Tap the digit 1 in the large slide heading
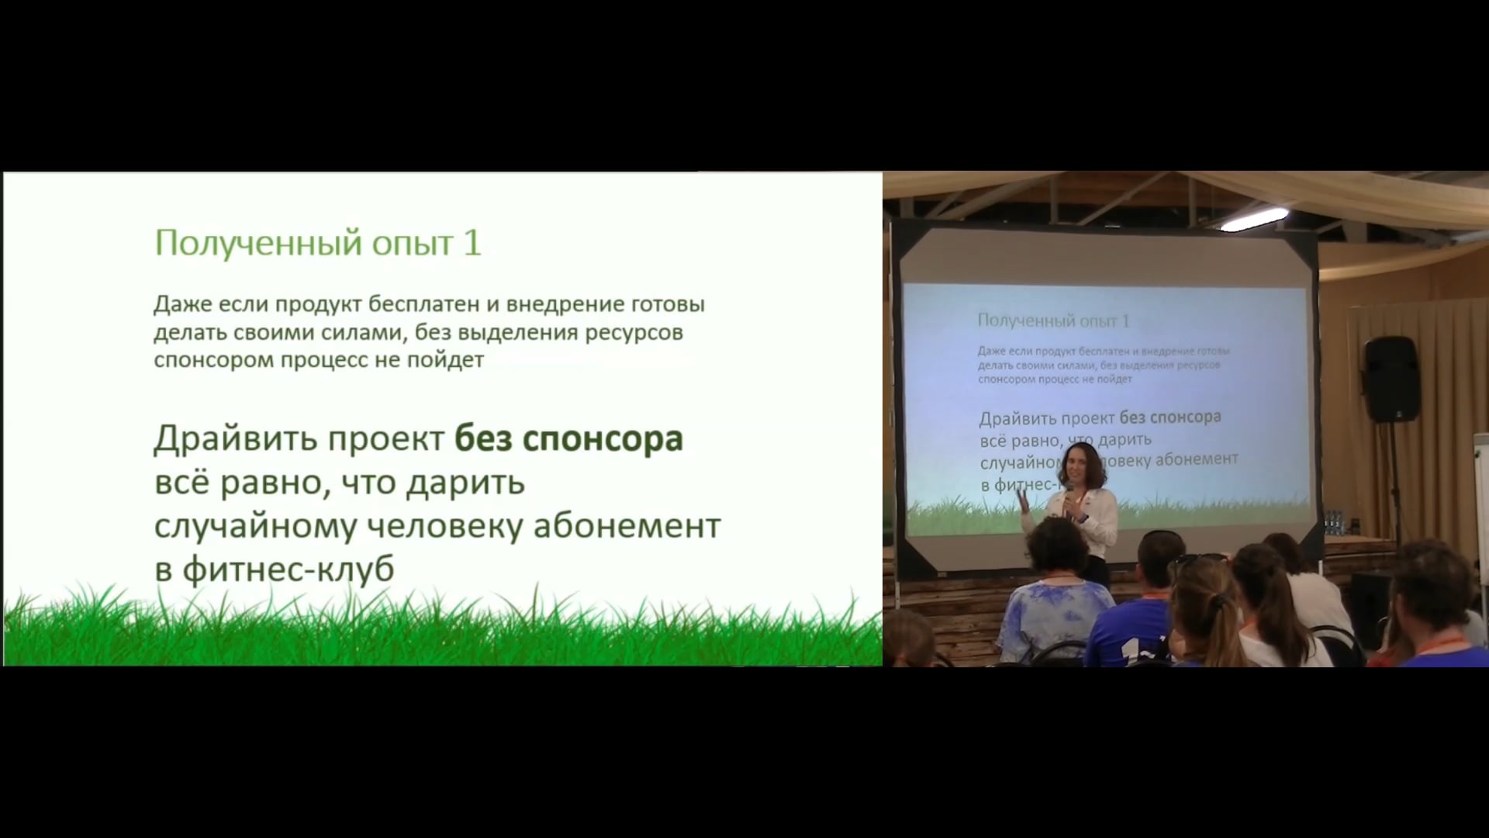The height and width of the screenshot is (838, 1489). click(472, 243)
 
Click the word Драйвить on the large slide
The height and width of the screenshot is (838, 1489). click(237, 439)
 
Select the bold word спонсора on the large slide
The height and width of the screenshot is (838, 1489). click(603, 439)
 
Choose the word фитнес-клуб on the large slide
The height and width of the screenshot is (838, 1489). click(288, 570)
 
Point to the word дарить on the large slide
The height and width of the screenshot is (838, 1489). click(465, 483)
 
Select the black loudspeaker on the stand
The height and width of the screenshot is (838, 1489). click(1392, 379)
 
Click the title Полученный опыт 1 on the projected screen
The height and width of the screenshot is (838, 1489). click(1053, 320)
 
